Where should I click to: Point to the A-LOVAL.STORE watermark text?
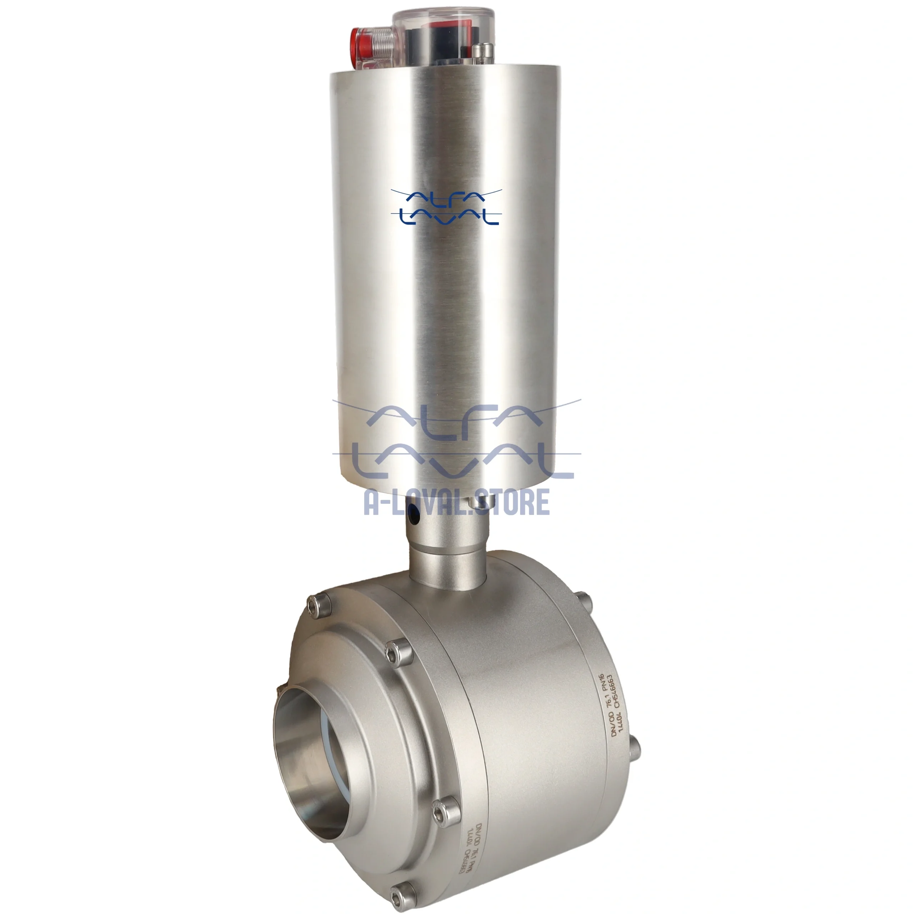coord(457,502)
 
